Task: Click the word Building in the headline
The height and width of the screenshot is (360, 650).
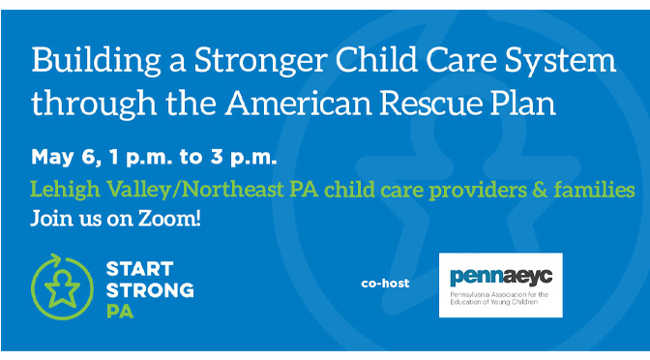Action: point(96,61)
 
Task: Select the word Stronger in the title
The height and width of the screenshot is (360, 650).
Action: point(261,61)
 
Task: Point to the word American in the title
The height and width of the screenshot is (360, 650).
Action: point(298,103)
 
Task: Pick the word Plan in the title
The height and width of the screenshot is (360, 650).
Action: point(523,103)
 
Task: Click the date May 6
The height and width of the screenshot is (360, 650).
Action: point(67,158)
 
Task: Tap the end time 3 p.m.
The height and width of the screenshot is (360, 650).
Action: point(244,158)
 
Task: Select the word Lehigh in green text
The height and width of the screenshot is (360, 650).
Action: point(65,191)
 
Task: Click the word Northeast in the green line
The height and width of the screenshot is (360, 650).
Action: point(232,190)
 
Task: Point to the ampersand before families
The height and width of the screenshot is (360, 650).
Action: point(540,190)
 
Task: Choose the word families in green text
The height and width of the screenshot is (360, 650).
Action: point(595,190)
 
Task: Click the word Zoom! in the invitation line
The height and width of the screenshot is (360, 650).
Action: point(169,218)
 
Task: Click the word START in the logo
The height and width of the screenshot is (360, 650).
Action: point(139,269)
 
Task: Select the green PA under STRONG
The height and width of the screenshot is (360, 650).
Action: point(120,312)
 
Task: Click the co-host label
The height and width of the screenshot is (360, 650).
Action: point(385,284)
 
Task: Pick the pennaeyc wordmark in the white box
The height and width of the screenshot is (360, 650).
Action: point(501,277)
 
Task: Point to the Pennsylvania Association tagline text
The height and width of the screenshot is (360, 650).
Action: point(499,298)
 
